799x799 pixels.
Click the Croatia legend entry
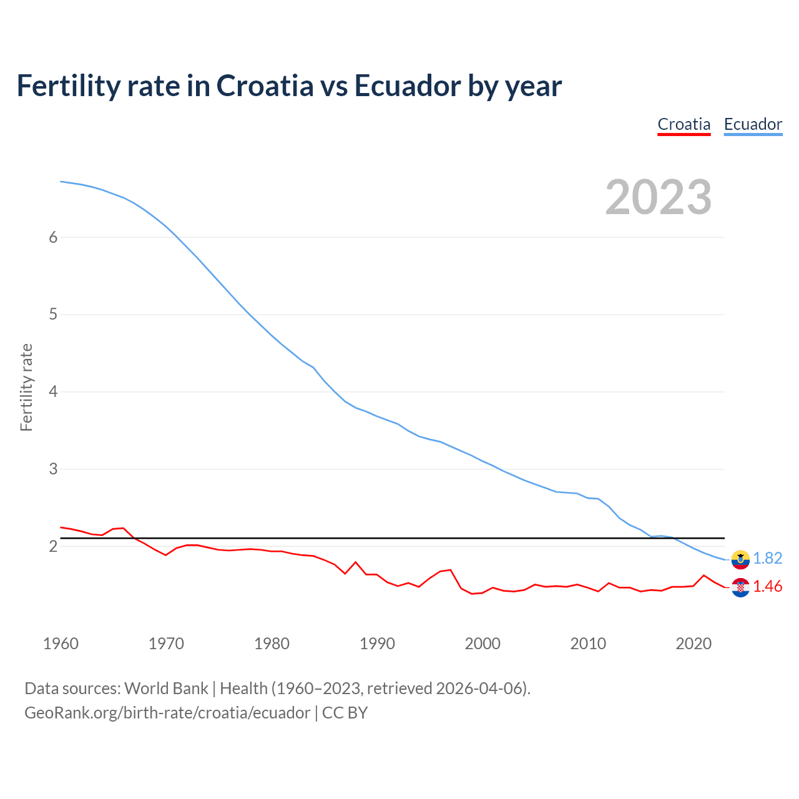pos(684,124)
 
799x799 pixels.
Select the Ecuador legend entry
pos(753,124)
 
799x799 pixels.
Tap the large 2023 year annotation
pos(659,197)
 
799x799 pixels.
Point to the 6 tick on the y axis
pos(53,237)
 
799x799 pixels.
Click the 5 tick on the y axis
pos(53,315)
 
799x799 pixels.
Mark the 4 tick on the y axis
pos(53,392)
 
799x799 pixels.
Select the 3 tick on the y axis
pos(53,469)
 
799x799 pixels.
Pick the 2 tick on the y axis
pos(53,546)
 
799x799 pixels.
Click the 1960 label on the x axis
pos(61,644)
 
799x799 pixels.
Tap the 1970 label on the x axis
pos(166,644)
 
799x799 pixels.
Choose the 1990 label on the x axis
pos(377,644)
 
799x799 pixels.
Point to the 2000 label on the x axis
pos(483,644)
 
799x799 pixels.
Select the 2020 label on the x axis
pos(694,644)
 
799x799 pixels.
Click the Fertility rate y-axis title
pos(26,387)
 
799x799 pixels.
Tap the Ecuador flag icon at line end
pos(740,559)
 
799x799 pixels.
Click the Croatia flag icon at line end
pos(740,587)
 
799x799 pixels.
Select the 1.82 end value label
pos(767,559)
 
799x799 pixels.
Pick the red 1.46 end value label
pos(767,587)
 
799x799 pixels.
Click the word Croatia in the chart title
pos(265,86)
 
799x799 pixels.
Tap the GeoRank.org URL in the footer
pos(167,713)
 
